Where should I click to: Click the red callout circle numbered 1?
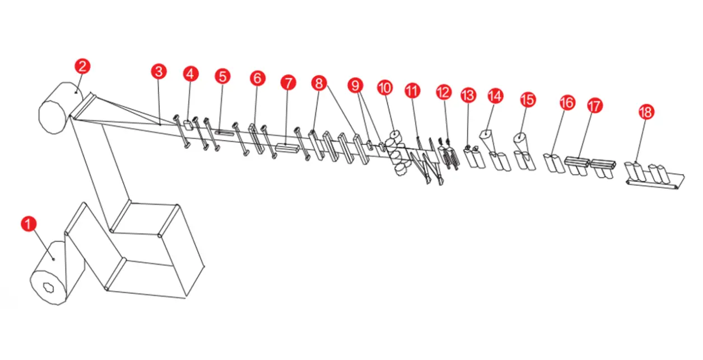pos(29,224)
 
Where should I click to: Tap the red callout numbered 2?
pos(82,67)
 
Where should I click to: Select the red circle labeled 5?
pos(222,77)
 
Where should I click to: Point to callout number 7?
pos(288,83)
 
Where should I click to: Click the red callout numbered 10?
pos(385,88)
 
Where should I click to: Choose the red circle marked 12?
pos(444,92)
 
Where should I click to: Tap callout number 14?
pos(495,96)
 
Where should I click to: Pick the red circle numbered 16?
pos(567,102)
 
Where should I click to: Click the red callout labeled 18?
pos(646,112)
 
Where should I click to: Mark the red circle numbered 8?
pos(319,83)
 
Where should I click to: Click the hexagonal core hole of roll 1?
pos(48,288)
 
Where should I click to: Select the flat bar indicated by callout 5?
pos(224,133)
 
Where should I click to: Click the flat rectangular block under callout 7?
pos(287,148)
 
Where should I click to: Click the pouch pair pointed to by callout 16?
pos(554,163)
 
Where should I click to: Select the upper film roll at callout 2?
pos(61,108)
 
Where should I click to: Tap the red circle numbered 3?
pos(159,72)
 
